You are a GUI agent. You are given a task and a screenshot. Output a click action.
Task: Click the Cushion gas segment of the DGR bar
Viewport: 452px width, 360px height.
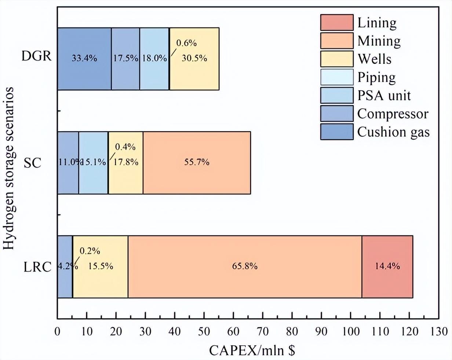point(84,59)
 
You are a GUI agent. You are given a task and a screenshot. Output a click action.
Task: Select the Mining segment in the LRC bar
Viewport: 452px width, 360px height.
point(245,267)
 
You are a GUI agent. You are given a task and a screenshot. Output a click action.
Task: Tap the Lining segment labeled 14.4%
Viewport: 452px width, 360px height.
point(387,267)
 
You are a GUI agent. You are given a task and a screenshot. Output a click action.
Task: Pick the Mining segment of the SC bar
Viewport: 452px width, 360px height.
point(197,162)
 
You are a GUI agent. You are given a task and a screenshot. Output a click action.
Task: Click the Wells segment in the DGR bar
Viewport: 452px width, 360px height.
point(194,59)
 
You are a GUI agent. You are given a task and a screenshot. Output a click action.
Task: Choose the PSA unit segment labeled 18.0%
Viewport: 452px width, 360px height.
point(154,59)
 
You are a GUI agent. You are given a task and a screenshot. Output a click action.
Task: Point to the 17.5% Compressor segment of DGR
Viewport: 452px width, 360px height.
point(125,59)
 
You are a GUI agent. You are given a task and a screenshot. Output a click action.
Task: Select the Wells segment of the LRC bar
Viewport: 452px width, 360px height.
point(101,267)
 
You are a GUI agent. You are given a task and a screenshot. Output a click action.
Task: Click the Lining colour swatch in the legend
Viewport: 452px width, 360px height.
point(336,22)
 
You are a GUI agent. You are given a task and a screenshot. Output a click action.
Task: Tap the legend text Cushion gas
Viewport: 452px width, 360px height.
point(393,132)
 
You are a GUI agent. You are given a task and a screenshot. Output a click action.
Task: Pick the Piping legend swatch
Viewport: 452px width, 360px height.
point(336,77)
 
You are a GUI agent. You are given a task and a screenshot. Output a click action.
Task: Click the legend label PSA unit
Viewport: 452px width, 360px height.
point(384,95)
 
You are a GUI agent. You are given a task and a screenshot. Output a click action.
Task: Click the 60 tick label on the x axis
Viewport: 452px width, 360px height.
point(233,332)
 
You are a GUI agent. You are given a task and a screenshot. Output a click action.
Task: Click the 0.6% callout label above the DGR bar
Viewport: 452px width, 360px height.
point(186,43)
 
